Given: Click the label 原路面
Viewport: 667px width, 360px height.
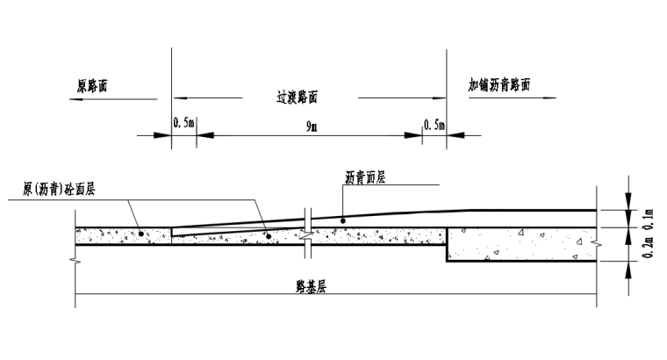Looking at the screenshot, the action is coord(95,86).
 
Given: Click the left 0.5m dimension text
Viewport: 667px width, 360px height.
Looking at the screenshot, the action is coord(183,125).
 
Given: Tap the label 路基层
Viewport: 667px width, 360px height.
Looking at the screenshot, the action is coord(311,287).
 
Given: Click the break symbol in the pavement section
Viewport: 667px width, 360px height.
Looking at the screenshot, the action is coord(305,235).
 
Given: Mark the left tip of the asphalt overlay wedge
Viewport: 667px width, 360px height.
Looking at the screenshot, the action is coord(172,235).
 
